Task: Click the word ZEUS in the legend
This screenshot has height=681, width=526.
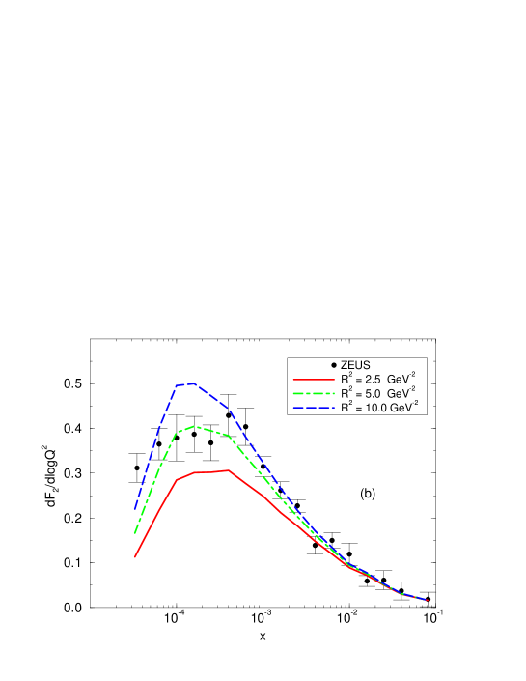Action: pyautogui.click(x=356, y=365)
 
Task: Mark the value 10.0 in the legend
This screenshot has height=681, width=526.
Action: pyautogui.click(x=376, y=409)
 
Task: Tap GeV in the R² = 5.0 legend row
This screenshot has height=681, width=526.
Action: pyautogui.click(x=402, y=394)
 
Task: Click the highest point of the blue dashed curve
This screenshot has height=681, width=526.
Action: pyautogui.click(x=194, y=383)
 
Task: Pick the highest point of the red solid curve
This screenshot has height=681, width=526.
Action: pyautogui.click(x=228, y=470)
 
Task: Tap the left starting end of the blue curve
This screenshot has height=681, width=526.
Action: pyautogui.click(x=135, y=508)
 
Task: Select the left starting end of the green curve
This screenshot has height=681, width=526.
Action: pyautogui.click(x=135, y=533)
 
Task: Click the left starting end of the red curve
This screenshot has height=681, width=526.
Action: pyautogui.click(x=135, y=556)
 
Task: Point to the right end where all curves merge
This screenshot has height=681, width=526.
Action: pyautogui.click(x=427, y=600)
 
